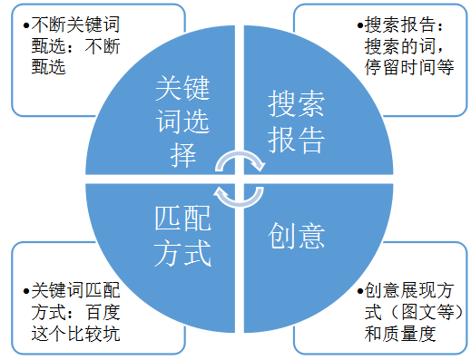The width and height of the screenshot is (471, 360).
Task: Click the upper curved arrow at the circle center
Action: pyautogui.click(x=240, y=161)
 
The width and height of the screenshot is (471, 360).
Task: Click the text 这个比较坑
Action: pyautogui.click(x=75, y=333)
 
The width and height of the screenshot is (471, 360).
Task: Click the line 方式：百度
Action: pyautogui.click(x=75, y=312)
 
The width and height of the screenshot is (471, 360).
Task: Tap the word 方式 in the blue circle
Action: pyautogui.click(x=182, y=253)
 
